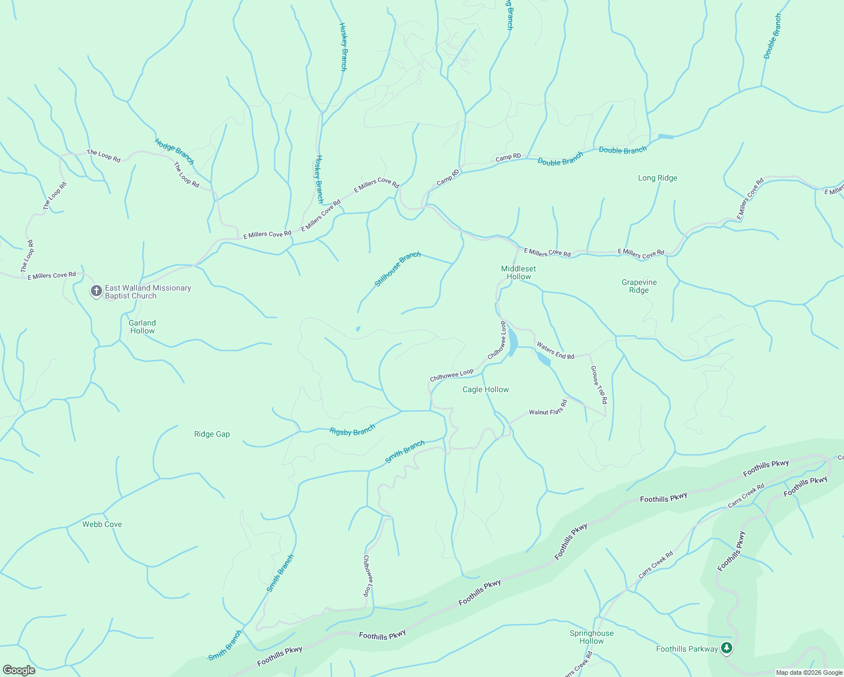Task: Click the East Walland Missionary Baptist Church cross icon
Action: tap(96, 291)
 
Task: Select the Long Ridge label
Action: tap(657, 178)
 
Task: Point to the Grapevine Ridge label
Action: tap(639, 286)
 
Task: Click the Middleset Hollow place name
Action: tap(518, 272)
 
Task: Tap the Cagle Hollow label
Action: tap(485, 389)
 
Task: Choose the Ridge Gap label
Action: tap(212, 434)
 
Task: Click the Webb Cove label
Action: tap(102, 524)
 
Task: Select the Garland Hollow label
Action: tap(142, 327)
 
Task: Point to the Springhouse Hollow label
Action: tap(591, 637)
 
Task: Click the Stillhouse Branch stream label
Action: tap(398, 269)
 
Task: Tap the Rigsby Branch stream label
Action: tap(352, 431)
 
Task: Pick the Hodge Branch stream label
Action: tap(174, 151)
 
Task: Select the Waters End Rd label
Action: tap(555, 350)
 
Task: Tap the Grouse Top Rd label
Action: tap(599, 384)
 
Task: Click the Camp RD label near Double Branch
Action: tap(508, 157)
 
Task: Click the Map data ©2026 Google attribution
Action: tap(808, 672)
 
